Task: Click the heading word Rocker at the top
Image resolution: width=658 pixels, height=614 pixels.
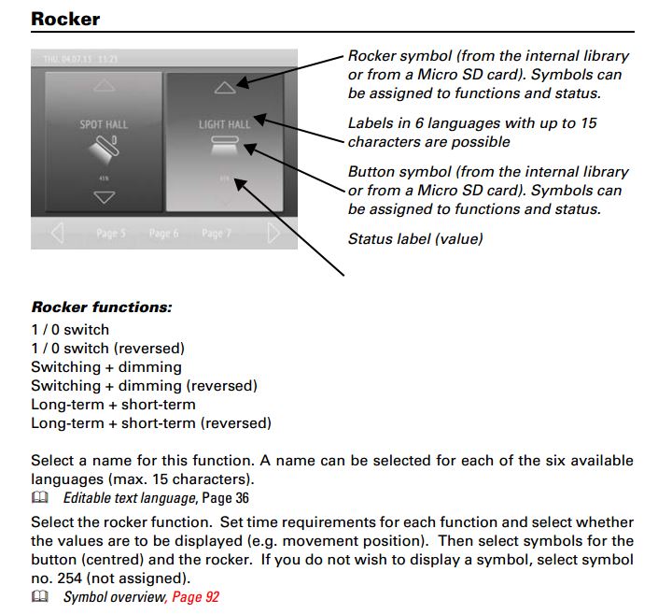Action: (x=65, y=18)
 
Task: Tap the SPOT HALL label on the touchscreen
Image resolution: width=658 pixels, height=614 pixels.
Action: (x=104, y=123)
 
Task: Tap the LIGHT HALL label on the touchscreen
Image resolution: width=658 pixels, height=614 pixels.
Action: (x=224, y=123)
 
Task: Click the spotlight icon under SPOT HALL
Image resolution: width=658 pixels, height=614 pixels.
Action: (x=104, y=150)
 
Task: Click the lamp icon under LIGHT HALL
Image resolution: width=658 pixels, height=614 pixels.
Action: (x=225, y=143)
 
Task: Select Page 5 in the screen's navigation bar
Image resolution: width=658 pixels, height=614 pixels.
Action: (x=110, y=233)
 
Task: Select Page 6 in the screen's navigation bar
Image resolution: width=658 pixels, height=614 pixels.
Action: (x=163, y=233)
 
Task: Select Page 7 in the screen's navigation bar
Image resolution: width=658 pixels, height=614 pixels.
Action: (x=216, y=233)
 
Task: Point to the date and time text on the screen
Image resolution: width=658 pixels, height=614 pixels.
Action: (x=79, y=59)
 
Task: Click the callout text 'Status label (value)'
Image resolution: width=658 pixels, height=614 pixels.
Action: (x=415, y=239)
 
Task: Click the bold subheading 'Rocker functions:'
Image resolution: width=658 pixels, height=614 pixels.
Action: (x=102, y=307)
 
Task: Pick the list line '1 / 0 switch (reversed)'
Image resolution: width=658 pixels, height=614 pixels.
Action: (x=107, y=348)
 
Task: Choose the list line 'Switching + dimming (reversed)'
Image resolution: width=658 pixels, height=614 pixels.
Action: (x=144, y=385)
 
